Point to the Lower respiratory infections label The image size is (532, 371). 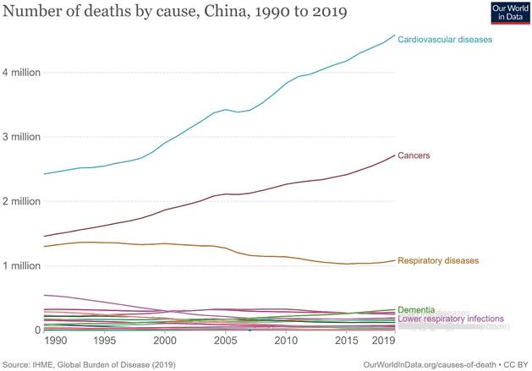[451, 319]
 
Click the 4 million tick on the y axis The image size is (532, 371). [21, 73]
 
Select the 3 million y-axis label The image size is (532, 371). [21, 137]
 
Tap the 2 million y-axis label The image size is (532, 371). [21, 201]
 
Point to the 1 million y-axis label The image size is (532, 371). [21, 265]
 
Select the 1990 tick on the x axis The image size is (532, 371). [56, 341]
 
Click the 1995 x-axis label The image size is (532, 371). [104, 341]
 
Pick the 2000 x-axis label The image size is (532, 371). [165, 341]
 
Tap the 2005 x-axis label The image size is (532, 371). [226, 341]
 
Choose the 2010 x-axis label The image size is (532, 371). [286, 341]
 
